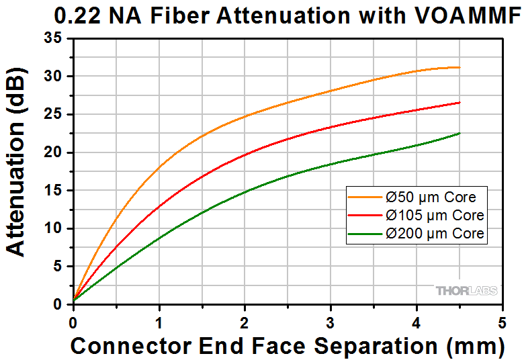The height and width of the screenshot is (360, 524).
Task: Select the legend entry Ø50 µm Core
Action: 431,197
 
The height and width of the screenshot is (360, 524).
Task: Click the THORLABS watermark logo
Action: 467,291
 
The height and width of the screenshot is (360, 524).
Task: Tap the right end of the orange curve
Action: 460,67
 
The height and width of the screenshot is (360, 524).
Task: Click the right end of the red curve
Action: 460,103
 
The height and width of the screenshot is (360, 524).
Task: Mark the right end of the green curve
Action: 460,133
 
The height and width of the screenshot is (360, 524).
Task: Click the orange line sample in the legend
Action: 365,197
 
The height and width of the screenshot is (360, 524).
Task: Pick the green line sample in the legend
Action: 365,234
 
